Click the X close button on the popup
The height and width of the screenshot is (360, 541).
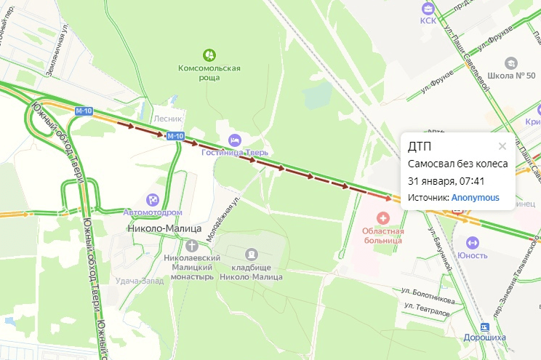click(502, 146)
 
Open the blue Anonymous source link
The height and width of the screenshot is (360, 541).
click(475, 197)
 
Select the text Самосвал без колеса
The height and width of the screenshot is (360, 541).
click(457, 164)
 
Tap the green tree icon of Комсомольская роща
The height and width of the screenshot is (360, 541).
click(209, 55)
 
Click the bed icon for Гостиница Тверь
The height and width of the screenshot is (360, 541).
click(235, 139)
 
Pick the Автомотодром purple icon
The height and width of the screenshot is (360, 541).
click(153, 199)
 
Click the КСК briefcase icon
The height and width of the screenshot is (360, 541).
click(428, 7)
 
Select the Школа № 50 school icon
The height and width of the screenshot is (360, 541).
click(511, 63)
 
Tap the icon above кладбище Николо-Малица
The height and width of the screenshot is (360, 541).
click(252, 254)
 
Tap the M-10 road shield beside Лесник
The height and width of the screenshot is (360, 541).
click(175, 136)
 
